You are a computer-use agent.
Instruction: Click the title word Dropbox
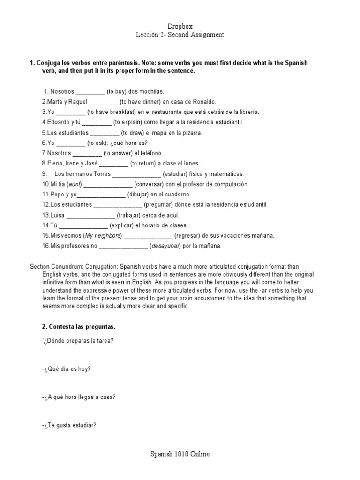[180, 27]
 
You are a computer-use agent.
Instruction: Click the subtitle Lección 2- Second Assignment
[180, 35]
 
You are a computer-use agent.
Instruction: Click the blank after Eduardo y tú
[97, 122]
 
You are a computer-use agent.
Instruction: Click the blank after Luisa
[90, 215]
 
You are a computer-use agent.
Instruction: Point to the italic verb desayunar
[165, 246]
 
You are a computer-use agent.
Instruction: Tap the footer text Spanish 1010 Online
[180, 454]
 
